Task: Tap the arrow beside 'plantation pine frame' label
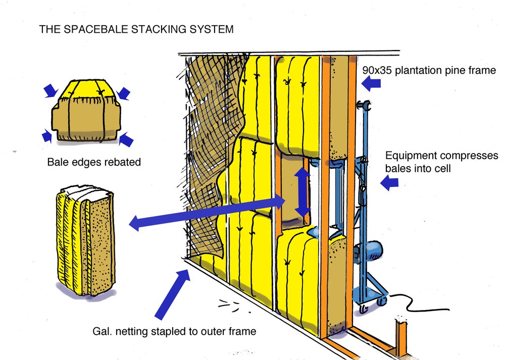371,83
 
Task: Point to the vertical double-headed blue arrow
302,192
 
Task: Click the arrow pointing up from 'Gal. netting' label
172,293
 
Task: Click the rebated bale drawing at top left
85,113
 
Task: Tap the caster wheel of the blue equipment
380,301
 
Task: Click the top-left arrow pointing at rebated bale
51,91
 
